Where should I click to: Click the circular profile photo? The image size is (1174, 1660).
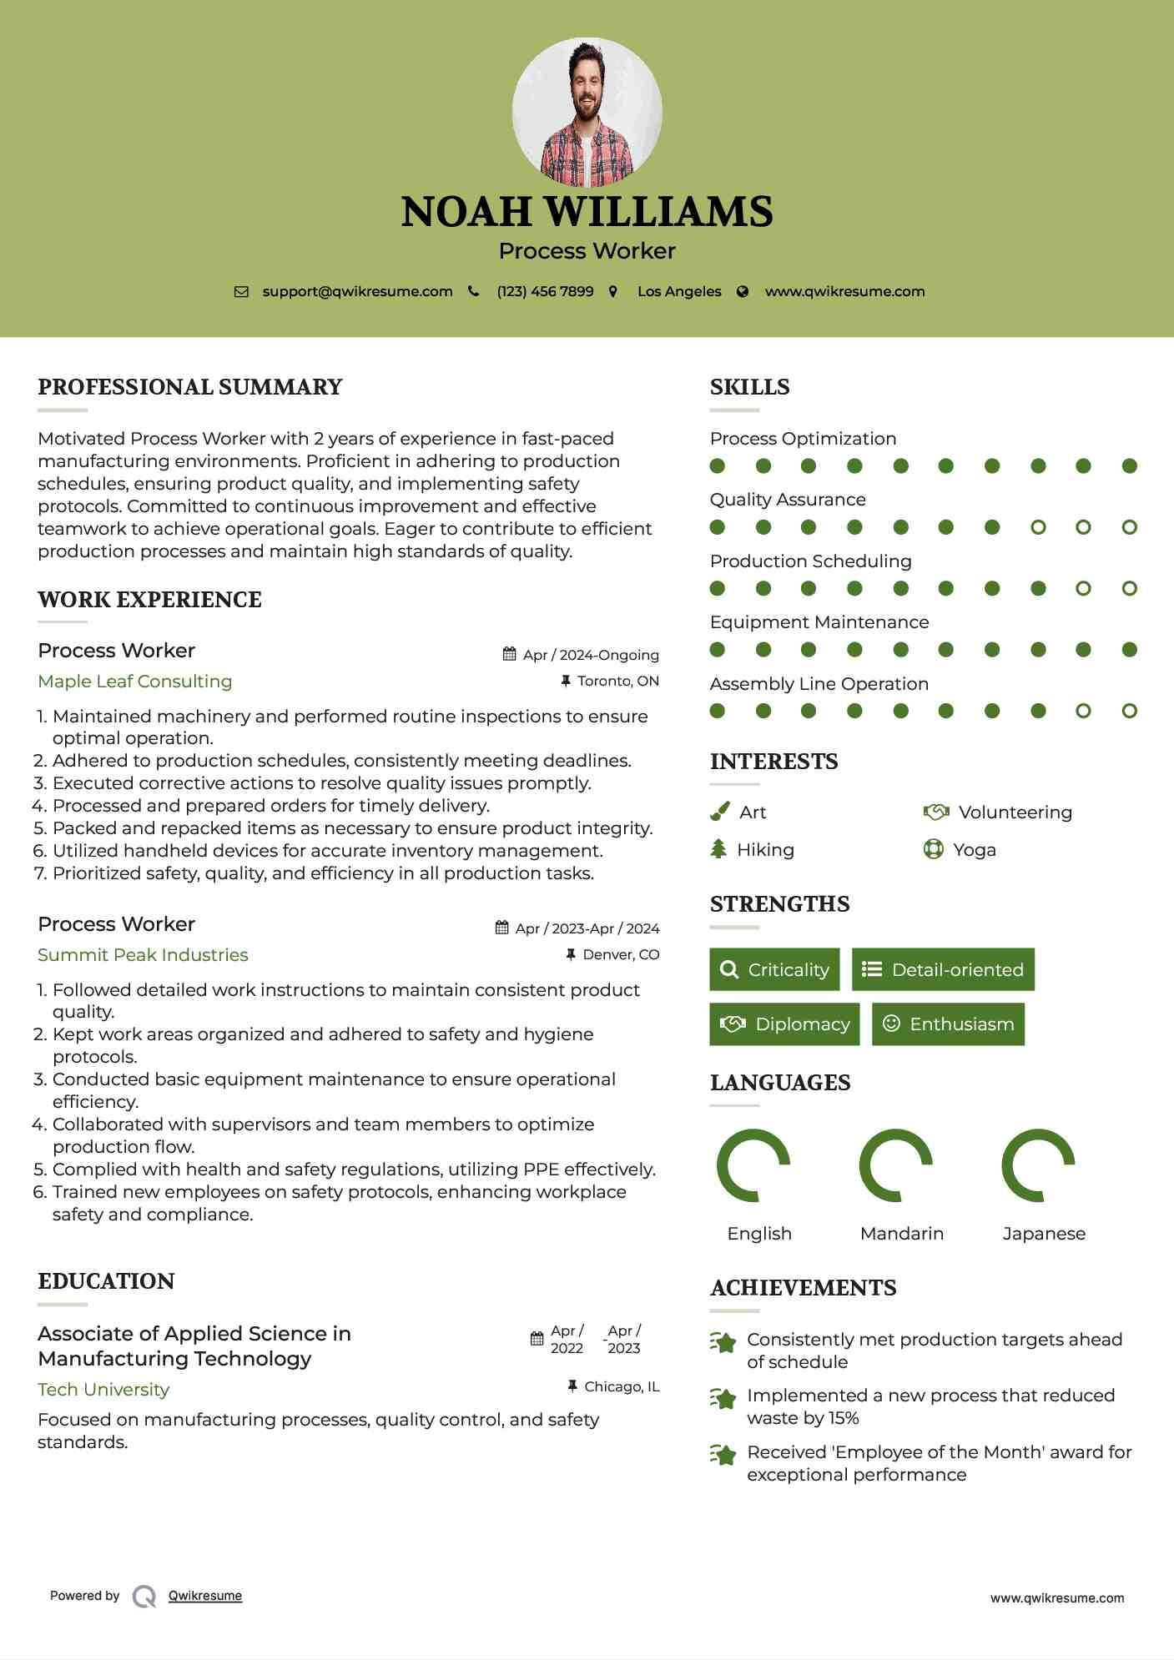pos(587,112)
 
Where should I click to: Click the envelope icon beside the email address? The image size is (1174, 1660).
pos(241,292)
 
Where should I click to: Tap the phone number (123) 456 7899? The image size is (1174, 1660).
pos(545,292)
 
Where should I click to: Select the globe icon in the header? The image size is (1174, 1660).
pos(743,292)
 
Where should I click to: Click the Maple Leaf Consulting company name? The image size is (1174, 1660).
pos(135,682)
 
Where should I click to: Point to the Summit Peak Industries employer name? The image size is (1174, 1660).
pos(143,955)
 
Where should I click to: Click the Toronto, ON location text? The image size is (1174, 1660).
pos(617,682)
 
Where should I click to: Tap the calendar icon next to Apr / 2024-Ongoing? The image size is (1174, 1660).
pos(509,655)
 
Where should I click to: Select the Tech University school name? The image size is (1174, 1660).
pos(103,1390)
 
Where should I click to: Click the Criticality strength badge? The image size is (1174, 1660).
pos(774,969)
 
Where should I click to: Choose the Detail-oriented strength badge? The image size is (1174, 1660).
pos(943,969)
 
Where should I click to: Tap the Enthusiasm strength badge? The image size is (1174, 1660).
pos(948,1024)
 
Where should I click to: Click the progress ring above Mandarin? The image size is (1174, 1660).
pos(895,1165)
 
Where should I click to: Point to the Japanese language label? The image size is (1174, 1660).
pos(1044,1234)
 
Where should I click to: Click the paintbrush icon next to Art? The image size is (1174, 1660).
pos(719,812)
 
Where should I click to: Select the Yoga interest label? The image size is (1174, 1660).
pos(975,850)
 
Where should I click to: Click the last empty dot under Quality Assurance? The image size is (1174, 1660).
pos(1129,527)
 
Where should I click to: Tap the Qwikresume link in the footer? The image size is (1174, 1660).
pos(205,1596)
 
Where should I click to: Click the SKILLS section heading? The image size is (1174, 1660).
pos(749,387)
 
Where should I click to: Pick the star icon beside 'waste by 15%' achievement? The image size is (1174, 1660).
pos(723,1399)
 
